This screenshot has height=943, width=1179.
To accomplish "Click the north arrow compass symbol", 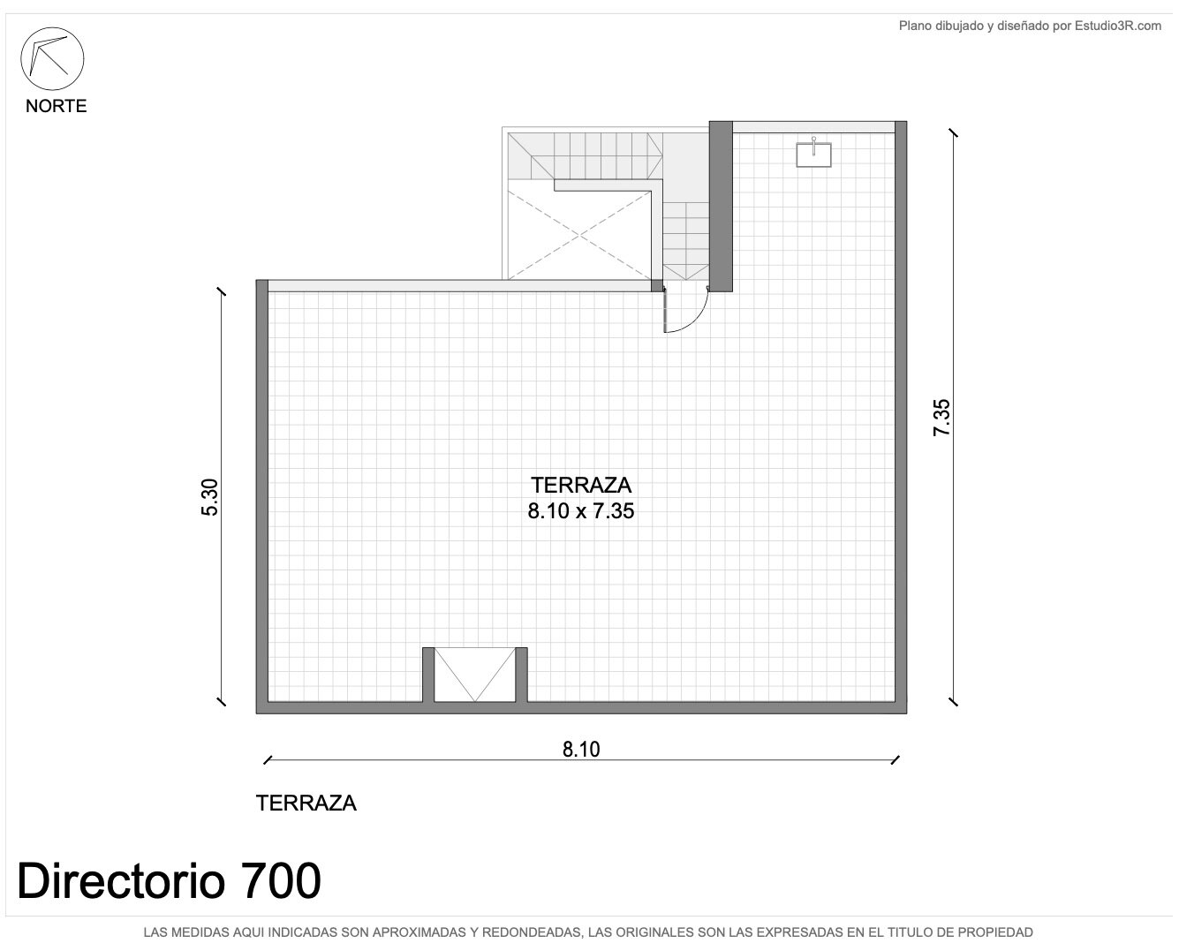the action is [x=52, y=58].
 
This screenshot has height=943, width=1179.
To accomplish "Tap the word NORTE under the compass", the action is [x=56, y=106].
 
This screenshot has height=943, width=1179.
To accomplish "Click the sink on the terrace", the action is [x=813, y=154].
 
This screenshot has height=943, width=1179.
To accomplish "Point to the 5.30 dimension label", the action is [x=210, y=497].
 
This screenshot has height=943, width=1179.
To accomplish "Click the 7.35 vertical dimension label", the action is [x=941, y=418].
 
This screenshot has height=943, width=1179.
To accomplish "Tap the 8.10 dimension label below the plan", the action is [x=581, y=749].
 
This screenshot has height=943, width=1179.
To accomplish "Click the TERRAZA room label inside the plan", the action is [x=581, y=485].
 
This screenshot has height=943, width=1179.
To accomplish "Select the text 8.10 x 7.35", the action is [x=581, y=511].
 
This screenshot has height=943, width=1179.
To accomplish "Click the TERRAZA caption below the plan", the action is [x=306, y=803].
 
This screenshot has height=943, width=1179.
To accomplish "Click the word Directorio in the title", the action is [x=121, y=880].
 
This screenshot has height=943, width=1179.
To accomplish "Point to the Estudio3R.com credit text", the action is [x=1118, y=26].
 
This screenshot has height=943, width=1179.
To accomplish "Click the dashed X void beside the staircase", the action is [x=579, y=235].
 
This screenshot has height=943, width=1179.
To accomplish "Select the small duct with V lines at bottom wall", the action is [x=475, y=675].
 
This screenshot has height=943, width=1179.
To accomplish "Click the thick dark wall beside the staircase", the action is [x=721, y=206].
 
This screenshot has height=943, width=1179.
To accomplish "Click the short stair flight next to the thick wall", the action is [x=686, y=241].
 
